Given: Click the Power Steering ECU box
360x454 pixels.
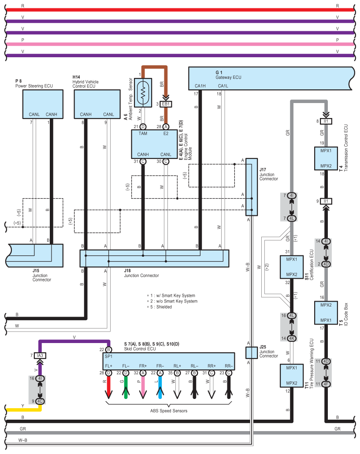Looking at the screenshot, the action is pyautogui.click(x=43, y=104).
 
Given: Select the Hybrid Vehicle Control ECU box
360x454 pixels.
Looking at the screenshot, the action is pyautogui.click(x=97, y=104).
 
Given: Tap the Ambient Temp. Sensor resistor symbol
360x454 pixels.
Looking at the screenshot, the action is pyautogui.click(x=143, y=92).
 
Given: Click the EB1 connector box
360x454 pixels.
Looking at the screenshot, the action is pyautogui.click(x=166, y=104).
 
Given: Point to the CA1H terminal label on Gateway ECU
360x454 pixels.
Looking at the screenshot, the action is pyautogui.click(x=200, y=86).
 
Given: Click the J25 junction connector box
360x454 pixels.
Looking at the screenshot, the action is pyautogui.click(x=252, y=353).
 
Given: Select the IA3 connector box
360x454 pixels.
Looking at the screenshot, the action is pyautogui.click(x=40, y=355).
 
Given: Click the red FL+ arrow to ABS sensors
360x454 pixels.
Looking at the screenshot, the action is pyautogui.click(x=108, y=388).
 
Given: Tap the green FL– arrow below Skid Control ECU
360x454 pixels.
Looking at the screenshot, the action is pyautogui.click(x=126, y=388).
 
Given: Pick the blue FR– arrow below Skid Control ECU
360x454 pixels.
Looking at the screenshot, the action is pyautogui.click(x=160, y=388).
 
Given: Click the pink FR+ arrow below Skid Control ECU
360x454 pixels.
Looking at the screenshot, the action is pyautogui.click(x=143, y=388).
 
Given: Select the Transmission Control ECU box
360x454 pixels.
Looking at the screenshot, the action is pyautogui.click(x=326, y=159).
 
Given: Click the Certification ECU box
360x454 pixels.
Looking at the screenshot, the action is pyautogui.click(x=292, y=267).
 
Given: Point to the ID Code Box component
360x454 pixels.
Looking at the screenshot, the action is pyautogui.click(x=326, y=313).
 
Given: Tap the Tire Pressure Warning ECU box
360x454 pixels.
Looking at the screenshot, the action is pyautogui.click(x=292, y=376).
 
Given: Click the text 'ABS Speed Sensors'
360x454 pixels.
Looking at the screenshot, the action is pyautogui.click(x=169, y=411).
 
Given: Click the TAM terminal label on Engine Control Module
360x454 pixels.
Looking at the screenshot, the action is pyautogui.click(x=143, y=133).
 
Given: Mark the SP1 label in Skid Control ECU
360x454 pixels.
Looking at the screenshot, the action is pyautogui.click(x=108, y=356).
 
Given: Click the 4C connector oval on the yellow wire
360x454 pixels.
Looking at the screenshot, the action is pyautogui.click(x=40, y=401).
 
